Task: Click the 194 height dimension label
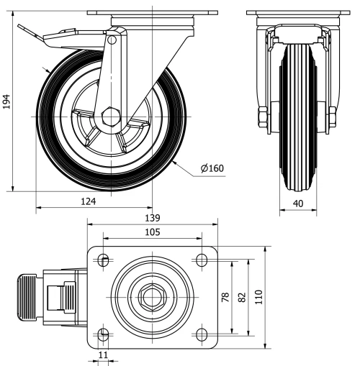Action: (7, 103)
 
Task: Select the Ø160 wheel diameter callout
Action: (213, 169)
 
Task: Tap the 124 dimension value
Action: (89, 201)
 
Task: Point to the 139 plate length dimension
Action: (152, 218)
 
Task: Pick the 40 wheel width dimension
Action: (297, 204)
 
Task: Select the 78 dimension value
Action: (225, 296)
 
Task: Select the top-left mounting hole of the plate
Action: (104, 260)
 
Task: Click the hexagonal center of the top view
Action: (152, 296)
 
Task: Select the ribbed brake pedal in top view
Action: (26, 296)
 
